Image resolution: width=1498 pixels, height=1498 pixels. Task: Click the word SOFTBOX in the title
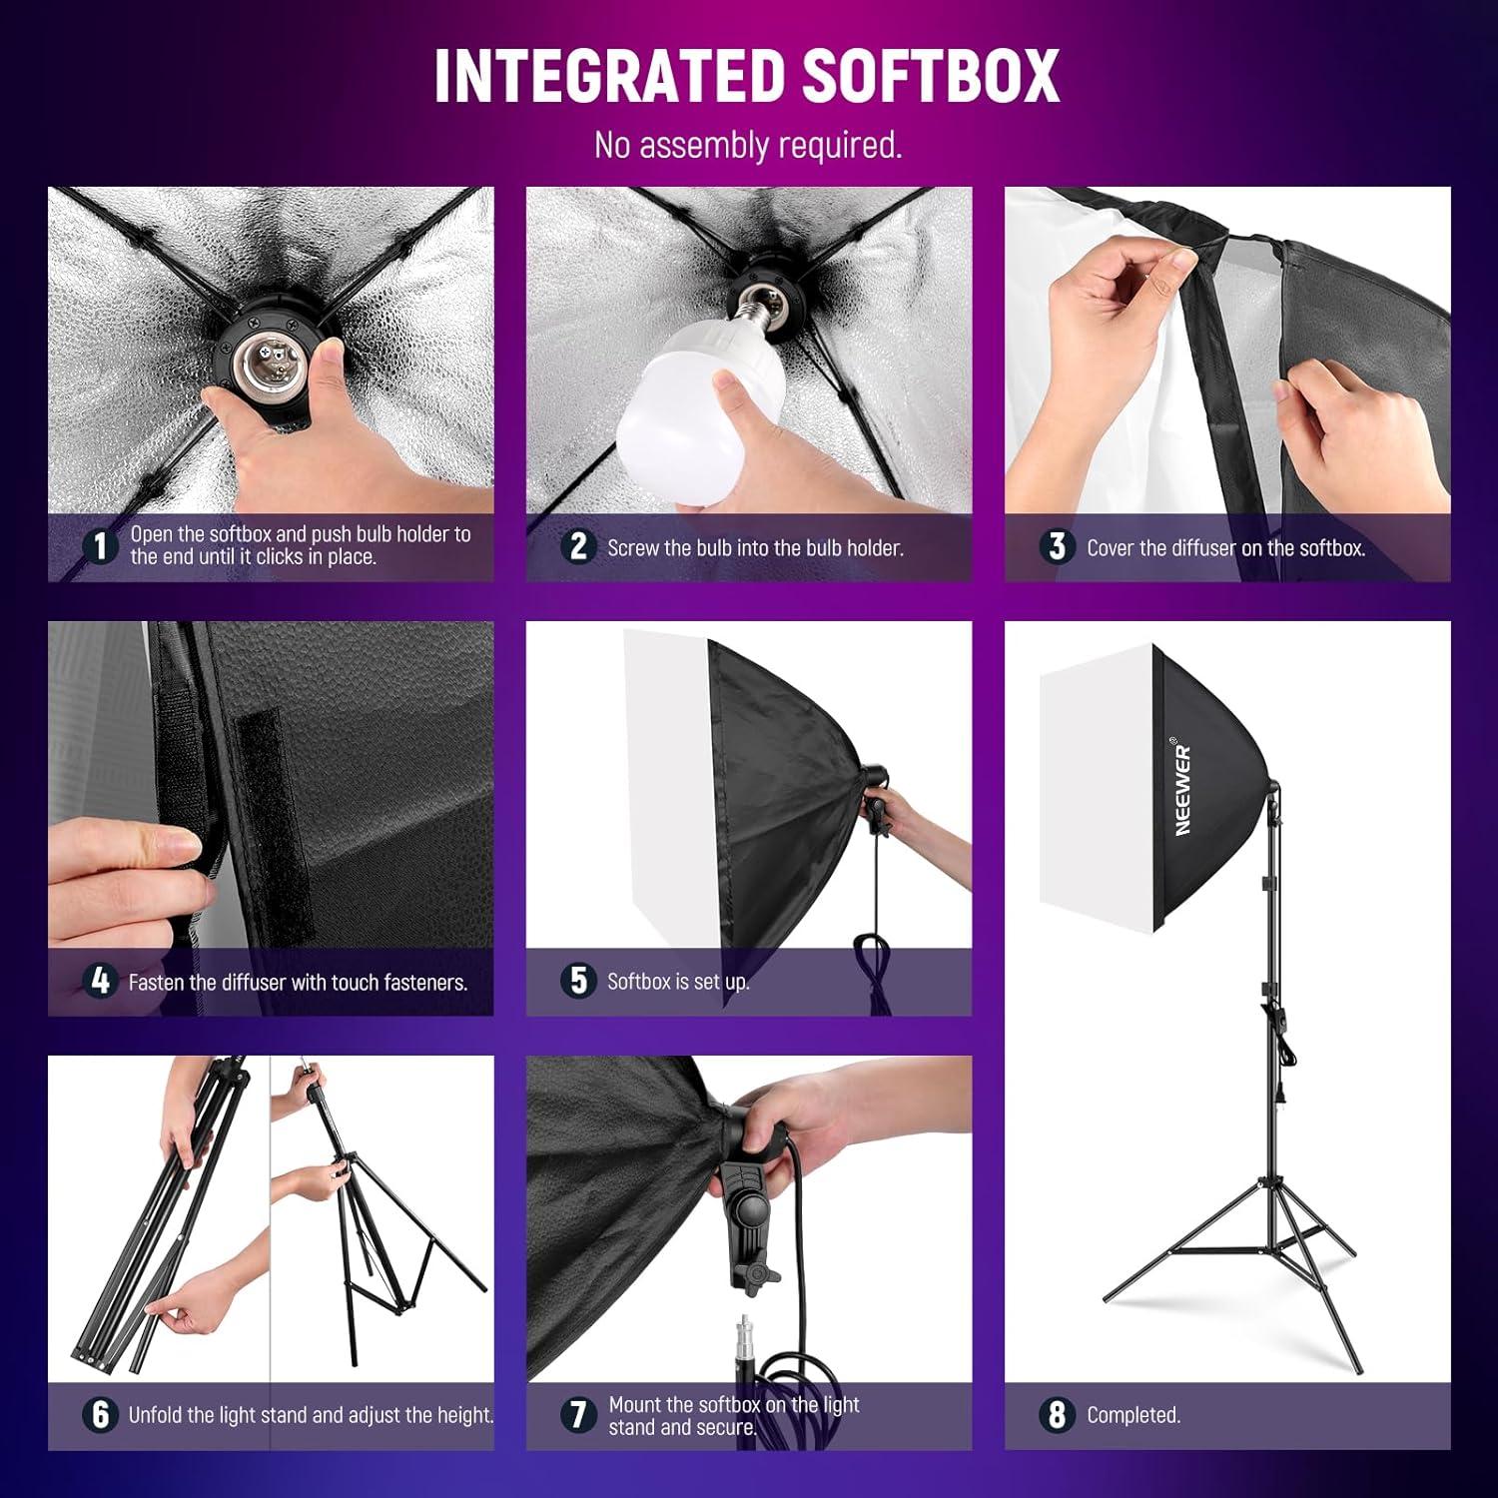click(931, 75)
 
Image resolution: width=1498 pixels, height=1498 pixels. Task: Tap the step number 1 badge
click(99, 545)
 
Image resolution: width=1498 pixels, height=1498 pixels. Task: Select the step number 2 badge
click(578, 546)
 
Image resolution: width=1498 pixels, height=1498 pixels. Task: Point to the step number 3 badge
click(1057, 546)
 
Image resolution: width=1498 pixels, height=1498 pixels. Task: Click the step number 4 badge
click(100, 981)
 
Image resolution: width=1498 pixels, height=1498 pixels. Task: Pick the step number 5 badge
click(578, 981)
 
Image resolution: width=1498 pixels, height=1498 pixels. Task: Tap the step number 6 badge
click(100, 1414)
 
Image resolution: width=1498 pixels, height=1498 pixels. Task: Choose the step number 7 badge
click(578, 1414)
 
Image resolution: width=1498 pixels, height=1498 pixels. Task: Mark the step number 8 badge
click(1057, 1414)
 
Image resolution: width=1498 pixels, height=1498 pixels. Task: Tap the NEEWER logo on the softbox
click(1183, 789)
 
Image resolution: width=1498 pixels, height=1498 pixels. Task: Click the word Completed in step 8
click(1133, 1415)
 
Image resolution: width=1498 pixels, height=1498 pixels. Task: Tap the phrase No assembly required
click(748, 146)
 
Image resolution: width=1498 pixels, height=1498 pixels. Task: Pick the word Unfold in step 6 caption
click(157, 1415)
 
